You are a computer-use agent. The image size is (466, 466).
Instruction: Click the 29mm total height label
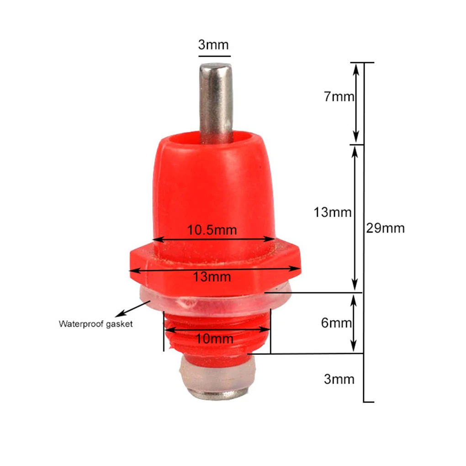point(385,228)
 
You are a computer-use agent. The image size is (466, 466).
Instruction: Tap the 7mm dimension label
point(339,96)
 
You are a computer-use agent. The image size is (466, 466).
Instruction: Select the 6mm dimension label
point(336,323)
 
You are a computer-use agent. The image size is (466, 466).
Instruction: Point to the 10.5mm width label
point(212,230)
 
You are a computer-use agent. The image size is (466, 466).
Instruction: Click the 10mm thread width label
point(215,339)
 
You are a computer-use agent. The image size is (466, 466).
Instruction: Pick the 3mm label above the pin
point(213,45)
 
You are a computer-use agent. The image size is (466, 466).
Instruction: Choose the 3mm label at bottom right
point(339,379)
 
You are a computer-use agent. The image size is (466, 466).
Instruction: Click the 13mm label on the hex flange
point(212,277)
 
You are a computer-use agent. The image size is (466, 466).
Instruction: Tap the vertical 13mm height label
point(333,212)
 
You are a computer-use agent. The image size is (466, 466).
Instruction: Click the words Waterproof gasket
point(95,323)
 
